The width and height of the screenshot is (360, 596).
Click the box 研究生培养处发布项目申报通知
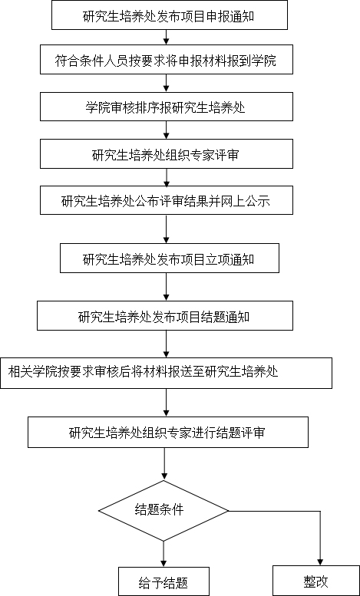pos(170,15)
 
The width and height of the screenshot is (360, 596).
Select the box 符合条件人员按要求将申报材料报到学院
pos(167,59)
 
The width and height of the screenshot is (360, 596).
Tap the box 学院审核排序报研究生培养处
pos(167,107)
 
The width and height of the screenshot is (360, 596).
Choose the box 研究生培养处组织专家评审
pos(167,153)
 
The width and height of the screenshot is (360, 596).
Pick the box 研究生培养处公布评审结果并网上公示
pos(167,200)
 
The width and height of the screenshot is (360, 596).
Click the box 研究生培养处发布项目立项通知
pos(170,258)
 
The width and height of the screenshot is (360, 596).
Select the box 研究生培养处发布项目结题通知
pos(165,315)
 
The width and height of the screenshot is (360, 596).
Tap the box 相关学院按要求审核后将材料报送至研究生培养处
pos(166,373)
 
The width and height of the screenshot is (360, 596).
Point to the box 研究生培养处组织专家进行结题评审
pos(168,432)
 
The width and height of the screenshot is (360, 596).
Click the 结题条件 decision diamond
pos(163,511)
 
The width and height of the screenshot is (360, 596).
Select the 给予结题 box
pos(163,581)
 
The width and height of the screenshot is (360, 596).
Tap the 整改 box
pos(315,581)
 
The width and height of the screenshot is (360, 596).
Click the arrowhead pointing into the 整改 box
pos(320,561)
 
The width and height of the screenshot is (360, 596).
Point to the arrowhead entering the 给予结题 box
pos(163,563)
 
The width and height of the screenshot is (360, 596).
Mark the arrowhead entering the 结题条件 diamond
pos(163,477)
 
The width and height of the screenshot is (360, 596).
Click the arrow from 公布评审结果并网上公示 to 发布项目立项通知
pos(167,229)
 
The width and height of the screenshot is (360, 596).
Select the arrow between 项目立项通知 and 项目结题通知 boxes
pos(167,287)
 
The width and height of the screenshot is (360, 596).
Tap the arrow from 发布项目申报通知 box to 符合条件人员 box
pos(167,37)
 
